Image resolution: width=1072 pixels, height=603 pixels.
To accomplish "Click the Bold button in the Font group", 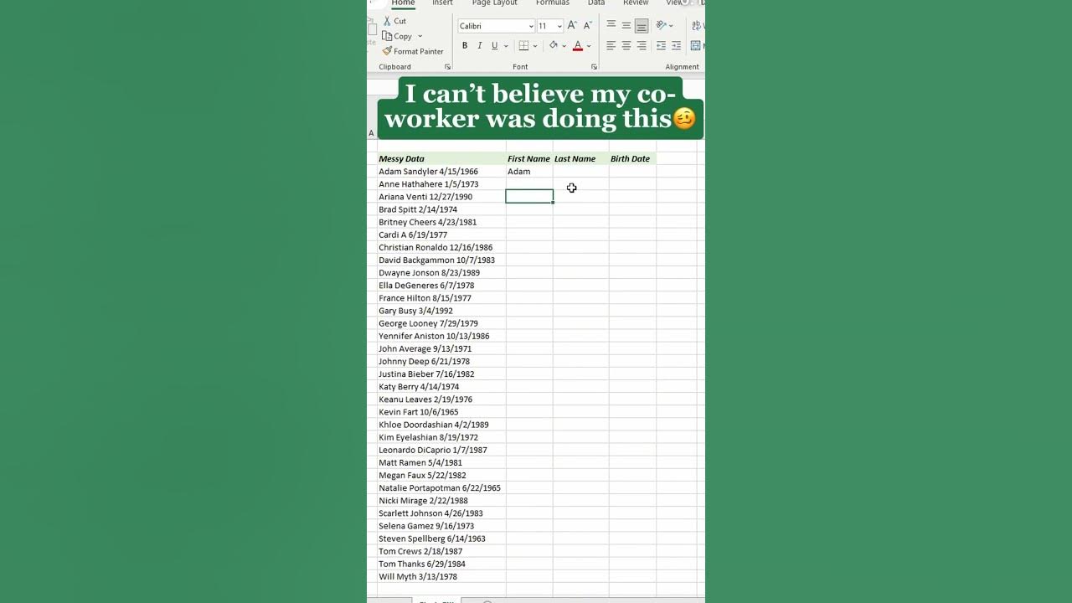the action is coord(465,46).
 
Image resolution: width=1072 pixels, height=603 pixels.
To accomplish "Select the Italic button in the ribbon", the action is coord(479,46).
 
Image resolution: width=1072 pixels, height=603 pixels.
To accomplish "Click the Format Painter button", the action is coord(413,51).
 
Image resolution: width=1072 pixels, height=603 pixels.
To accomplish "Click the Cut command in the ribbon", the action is coord(394,21).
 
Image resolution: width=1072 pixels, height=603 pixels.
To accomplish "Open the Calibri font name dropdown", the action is coord(531,26).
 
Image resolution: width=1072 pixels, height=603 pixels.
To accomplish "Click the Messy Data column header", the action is coord(401,158).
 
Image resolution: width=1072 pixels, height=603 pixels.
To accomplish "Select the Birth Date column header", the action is coord(630,158).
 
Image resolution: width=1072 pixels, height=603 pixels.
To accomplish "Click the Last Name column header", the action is coord(575,158).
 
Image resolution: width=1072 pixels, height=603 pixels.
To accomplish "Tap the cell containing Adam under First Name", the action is coord(519,172).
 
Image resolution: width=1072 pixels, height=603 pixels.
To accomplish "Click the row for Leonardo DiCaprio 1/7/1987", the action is coord(432,450).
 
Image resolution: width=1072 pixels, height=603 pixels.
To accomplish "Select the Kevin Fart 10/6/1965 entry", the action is coord(418,412).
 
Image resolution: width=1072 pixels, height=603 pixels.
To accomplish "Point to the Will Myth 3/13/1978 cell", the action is coord(417,576).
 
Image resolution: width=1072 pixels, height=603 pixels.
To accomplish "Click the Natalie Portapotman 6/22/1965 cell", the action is coord(439,487).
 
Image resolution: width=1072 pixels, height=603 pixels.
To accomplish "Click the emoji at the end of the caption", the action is coord(684,119).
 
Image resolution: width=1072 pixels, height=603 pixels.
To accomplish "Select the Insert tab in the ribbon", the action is coord(442,3).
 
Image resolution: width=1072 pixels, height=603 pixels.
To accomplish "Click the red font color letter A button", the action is coord(577,46).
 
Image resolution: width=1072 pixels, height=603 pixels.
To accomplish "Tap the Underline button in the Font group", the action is coord(494,46).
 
